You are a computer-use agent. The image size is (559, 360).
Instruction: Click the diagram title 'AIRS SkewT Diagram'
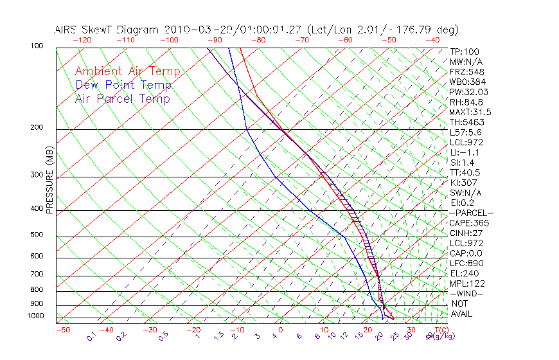[x=107, y=30]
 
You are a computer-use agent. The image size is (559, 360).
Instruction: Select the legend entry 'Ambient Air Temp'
[x=127, y=71]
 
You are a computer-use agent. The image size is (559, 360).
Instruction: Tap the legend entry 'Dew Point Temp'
[x=123, y=85]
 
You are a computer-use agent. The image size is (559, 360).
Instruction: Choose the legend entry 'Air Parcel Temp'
[x=122, y=98]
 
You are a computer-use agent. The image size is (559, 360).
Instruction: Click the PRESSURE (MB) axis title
[x=49, y=180]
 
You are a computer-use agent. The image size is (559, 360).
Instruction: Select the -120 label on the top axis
[x=81, y=40]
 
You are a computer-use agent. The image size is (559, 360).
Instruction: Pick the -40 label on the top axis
[x=432, y=40]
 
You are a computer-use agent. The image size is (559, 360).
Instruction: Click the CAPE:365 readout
[x=468, y=223]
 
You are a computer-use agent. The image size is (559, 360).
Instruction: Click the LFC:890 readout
[x=466, y=264]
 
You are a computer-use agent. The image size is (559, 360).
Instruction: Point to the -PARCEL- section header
[x=471, y=213]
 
